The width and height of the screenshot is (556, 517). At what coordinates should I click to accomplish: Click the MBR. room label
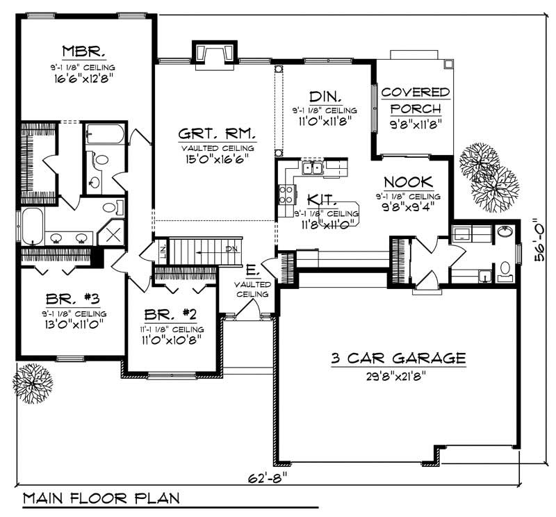pyautogui.click(x=84, y=51)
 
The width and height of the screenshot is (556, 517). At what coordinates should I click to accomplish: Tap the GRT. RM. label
pyautogui.click(x=217, y=133)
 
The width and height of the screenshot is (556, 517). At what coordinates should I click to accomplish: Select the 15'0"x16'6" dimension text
pyautogui.click(x=216, y=158)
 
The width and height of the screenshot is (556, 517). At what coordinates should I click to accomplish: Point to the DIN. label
pyautogui.click(x=325, y=97)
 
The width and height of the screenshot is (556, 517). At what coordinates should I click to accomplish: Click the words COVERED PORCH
pyautogui.click(x=416, y=100)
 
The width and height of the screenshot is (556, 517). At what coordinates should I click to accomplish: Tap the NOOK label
pyautogui.click(x=409, y=182)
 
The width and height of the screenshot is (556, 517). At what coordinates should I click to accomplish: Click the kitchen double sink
pyautogui.click(x=312, y=167)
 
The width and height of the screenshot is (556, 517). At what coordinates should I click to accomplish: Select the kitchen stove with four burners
pyautogui.click(x=286, y=195)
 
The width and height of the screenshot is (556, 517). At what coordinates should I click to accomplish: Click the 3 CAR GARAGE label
pyautogui.click(x=398, y=358)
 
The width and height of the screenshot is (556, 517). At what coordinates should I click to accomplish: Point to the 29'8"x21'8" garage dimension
pyautogui.click(x=396, y=375)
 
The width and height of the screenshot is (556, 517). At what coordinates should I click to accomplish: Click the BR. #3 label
pyautogui.click(x=72, y=299)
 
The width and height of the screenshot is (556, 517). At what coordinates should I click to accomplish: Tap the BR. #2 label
pyautogui.click(x=170, y=314)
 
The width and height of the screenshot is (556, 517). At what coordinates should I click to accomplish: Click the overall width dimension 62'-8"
pyautogui.click(x=267, y=478)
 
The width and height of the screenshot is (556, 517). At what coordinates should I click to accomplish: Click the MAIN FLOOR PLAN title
pyautogui.click(x=101, y=498)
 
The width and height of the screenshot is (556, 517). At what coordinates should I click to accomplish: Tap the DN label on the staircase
pyautogui.click(x=231, y=249)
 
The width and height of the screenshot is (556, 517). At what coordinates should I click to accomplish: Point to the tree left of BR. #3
pyautogui.click(x=33, y=384)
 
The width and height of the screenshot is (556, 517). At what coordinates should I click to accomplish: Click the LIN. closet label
pyautogui.click(x=163, y=252)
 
